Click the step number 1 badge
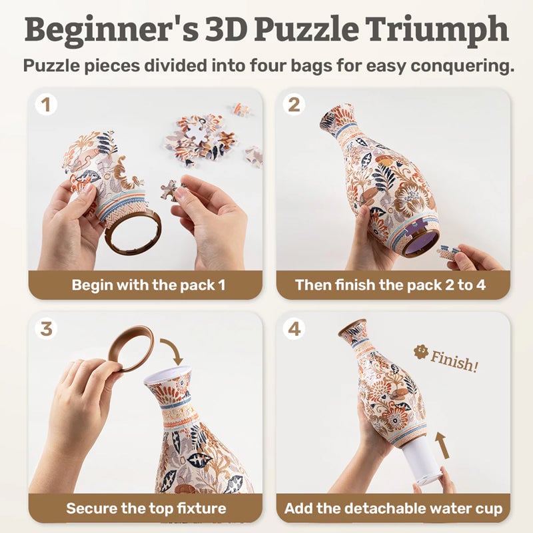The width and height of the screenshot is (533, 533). [x=45, y=105]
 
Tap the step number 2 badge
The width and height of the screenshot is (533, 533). [x=294, y=105]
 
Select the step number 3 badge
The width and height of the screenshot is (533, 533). [x=45, y=329]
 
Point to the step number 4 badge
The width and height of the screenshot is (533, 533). [x=294, y=329]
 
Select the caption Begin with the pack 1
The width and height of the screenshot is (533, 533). [x=149, y=284]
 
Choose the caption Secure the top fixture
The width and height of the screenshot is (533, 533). [x=146, y=508]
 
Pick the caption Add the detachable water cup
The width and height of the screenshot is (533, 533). [x=393, y=508]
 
